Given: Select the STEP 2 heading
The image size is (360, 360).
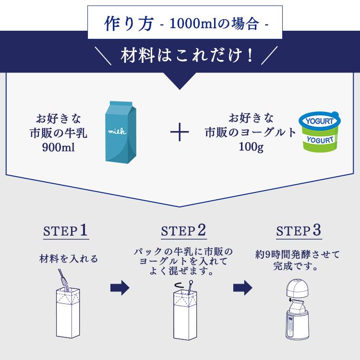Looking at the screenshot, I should (183, 231).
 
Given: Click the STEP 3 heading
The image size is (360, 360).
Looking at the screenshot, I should (299, 231).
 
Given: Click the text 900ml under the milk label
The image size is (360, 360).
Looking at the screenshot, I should (61, 146).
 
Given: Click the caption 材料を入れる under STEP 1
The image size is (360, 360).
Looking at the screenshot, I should (68, 259).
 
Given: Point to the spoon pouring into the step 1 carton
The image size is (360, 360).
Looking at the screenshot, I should (64, 280).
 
